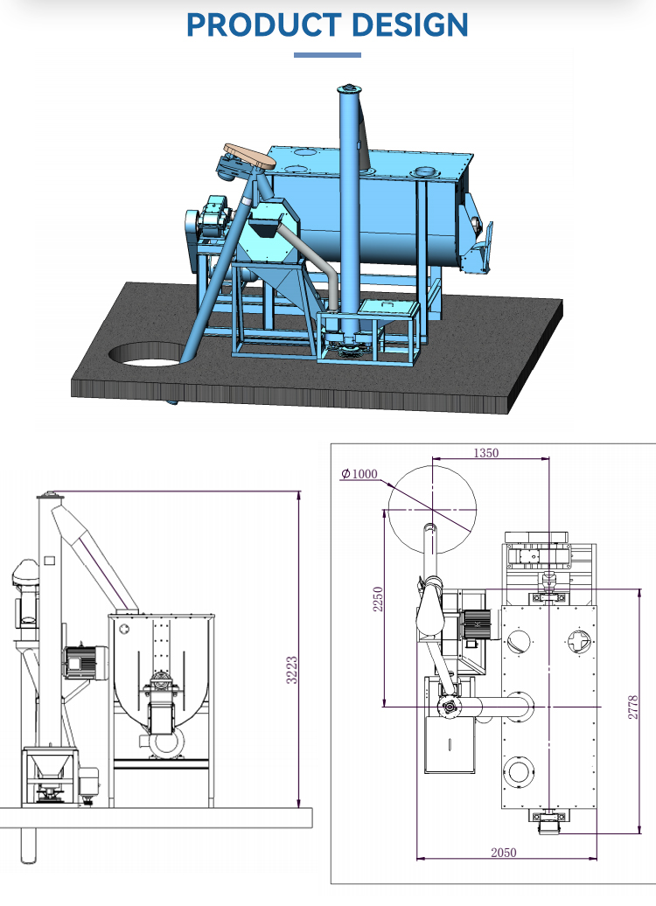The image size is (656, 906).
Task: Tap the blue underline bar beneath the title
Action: coord(327,55)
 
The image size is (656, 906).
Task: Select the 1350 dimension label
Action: coord(485,453)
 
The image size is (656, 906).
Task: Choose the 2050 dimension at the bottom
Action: coord(503,852)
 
